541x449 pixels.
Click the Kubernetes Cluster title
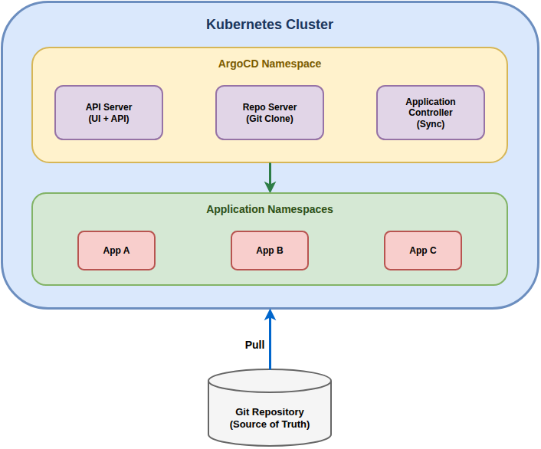(270, 25)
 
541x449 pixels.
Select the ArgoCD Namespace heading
(270, 64)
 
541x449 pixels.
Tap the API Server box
(109, 113)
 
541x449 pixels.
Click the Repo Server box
(270, 113)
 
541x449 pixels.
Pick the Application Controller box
(431, 113)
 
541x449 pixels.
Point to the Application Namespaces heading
(270, 209)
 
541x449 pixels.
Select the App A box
(116, 251)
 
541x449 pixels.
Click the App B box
(270, 251)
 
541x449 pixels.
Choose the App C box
(423, 251)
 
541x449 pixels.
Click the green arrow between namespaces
(270, 175)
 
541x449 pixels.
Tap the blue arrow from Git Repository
(270, 345)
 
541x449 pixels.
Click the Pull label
(254, 345)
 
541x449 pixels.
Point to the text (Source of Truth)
(270, 424)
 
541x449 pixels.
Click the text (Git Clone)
(270, 119)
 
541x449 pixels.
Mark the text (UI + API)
(109, 119)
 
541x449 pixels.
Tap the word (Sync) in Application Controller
(431, 124)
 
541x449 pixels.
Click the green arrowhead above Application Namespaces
(270, 187)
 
